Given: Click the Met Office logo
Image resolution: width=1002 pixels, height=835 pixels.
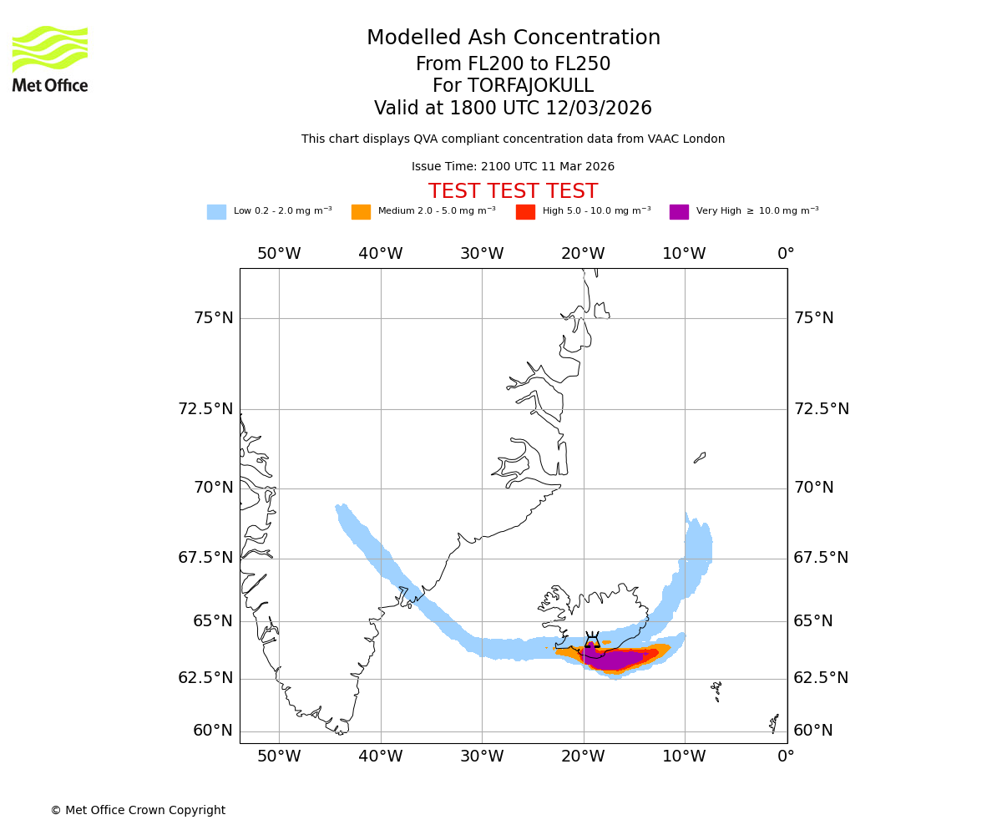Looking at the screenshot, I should coord(50,59).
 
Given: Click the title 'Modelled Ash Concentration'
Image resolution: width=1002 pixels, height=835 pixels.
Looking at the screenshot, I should coord(513,38).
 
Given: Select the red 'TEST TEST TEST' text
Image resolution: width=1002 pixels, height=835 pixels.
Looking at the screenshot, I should coord(513,191).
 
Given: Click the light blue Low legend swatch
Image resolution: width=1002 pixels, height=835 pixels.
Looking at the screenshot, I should coord(216,212).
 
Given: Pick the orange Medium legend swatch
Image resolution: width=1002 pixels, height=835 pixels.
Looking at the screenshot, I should coord(361,212).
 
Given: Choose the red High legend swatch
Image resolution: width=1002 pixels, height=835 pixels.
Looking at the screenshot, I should coord(525,212).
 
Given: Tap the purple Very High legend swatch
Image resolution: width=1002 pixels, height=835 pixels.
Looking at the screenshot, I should coord(679,212).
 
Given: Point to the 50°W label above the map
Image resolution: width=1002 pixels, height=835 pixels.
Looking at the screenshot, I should coord(279,254).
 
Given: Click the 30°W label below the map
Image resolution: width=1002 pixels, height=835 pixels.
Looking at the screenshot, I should coord(482,757).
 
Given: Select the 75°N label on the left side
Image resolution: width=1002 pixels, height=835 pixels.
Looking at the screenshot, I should coord(214,318).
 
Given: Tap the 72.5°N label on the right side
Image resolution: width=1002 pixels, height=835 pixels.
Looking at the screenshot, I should coord(821,409).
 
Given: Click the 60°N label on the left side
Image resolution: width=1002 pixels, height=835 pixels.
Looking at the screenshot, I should coord(214,731).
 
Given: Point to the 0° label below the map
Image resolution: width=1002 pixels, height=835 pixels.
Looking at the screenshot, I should coord(786,757).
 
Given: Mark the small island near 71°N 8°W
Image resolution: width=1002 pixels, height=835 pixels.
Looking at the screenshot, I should coord(700,458).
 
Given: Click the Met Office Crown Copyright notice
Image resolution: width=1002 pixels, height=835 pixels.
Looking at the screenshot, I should coord(138,810).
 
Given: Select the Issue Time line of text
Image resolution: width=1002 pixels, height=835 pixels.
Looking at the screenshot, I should coord(513,167).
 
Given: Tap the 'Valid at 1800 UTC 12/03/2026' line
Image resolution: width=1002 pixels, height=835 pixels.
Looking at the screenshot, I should coord(513,109).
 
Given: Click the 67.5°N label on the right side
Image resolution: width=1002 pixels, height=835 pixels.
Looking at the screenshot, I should coord(821,558).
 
